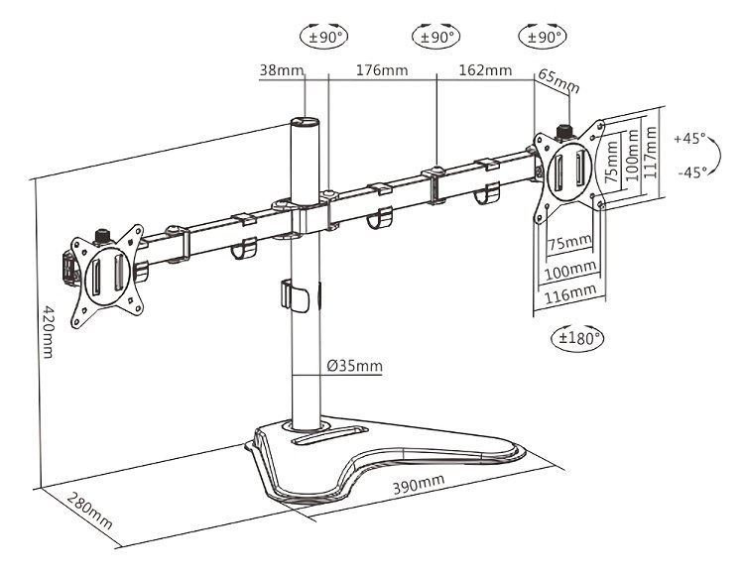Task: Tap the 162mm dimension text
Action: [x=485, y=70]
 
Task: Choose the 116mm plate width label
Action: [x=568, y=293]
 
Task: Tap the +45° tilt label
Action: [x=689, y=139]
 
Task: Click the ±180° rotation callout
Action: [x=577, y=337]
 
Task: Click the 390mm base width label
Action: [x=418, y=484]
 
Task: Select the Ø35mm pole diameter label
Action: [x=354, y=366]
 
